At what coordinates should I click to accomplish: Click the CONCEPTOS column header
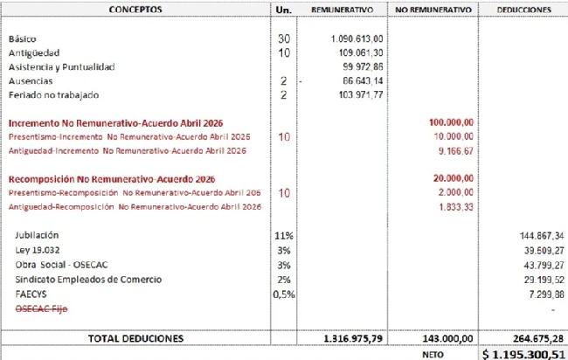pyautogui.click(x=135, y=10)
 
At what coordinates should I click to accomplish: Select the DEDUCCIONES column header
pyautogui.click(x=523, y=10)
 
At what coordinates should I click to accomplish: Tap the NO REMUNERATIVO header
pyautogui.click(x=433, y=10)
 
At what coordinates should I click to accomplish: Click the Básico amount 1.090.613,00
pyautogui.click(x=358, y=39)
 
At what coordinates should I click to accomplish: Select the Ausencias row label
pyautogui.click(x=27, y=80)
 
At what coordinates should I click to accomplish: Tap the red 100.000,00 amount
pyautogui.click(x=452, y=123)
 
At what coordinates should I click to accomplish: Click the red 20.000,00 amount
pyautogui.click(x=454, y=178)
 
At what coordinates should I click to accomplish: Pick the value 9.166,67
pyautogui.click(x=457, y=150)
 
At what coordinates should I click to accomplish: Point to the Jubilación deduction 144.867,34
pyautogui.click(x=536, y=235)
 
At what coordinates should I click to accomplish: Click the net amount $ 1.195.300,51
pyautogui.click(x=522, y=352)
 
